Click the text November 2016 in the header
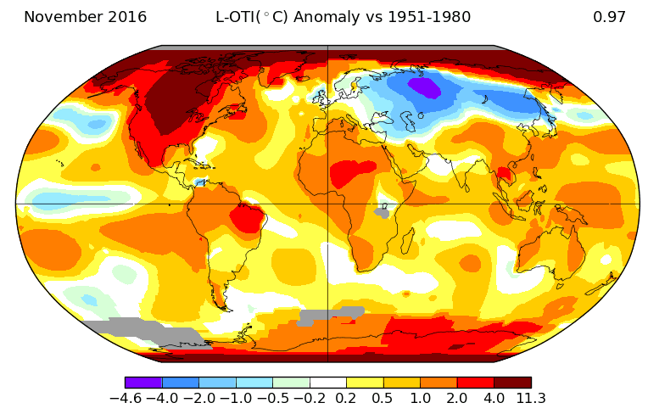pos(85,17)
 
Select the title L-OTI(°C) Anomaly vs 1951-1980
pos(344,17)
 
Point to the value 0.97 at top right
pos(610,17)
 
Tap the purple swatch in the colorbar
pos(142,383)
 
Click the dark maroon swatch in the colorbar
pos(512,383)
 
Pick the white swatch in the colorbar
pos(327,383)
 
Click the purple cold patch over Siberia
pos(425,87)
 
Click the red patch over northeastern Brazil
pos(248,218)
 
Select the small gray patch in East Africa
pos(383,212)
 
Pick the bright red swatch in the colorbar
pos(475,383)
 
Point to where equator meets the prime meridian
pos(327,204)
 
